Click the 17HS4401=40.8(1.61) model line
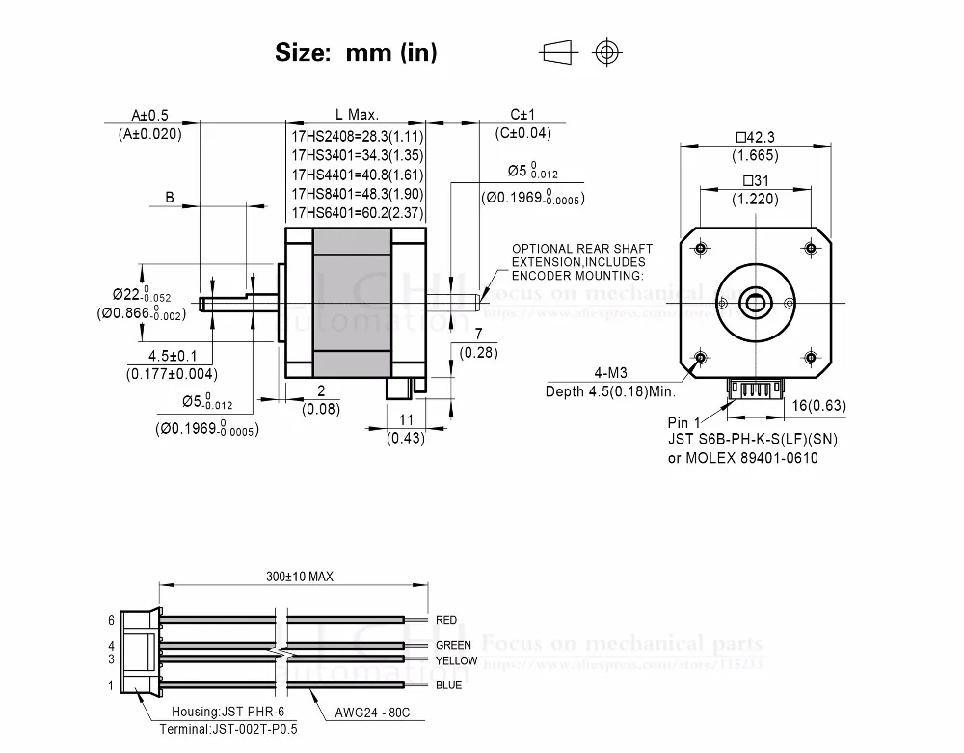point(358,175)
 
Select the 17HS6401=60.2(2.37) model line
point(358,213)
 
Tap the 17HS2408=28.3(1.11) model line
point(358,136)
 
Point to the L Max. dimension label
point(357,114)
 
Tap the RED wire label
point(446,620)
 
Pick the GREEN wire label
point(453,645)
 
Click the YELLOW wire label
point(456,660)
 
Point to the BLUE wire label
point(448,686)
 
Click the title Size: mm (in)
point(356,53)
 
